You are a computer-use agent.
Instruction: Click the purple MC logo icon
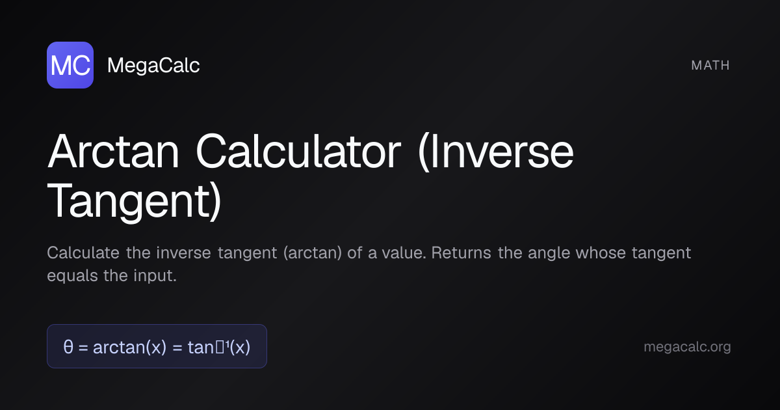point(70,65)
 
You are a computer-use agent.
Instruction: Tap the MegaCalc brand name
point(153,66)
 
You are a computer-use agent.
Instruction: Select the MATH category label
point(710,65)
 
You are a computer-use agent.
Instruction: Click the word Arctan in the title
point(114,151)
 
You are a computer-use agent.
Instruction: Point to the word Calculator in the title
point(298,151)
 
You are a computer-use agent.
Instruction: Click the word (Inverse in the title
point(495,151)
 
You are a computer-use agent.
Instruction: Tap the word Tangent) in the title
point(135,202)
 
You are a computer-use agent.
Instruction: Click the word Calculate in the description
point(83,253)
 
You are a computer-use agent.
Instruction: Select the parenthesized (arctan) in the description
point(313,253)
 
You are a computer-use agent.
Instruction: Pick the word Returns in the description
point(461,253)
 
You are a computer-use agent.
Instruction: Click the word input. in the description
point(155,276)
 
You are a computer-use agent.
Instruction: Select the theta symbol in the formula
point(68,347)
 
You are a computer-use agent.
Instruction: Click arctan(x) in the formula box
point(129,348)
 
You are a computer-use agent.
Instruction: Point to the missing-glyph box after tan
point(220,347)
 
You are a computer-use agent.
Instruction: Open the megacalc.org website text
point(687,348)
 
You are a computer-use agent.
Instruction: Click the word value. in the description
point(404,253)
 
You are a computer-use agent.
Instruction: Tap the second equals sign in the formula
point(177,348)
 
